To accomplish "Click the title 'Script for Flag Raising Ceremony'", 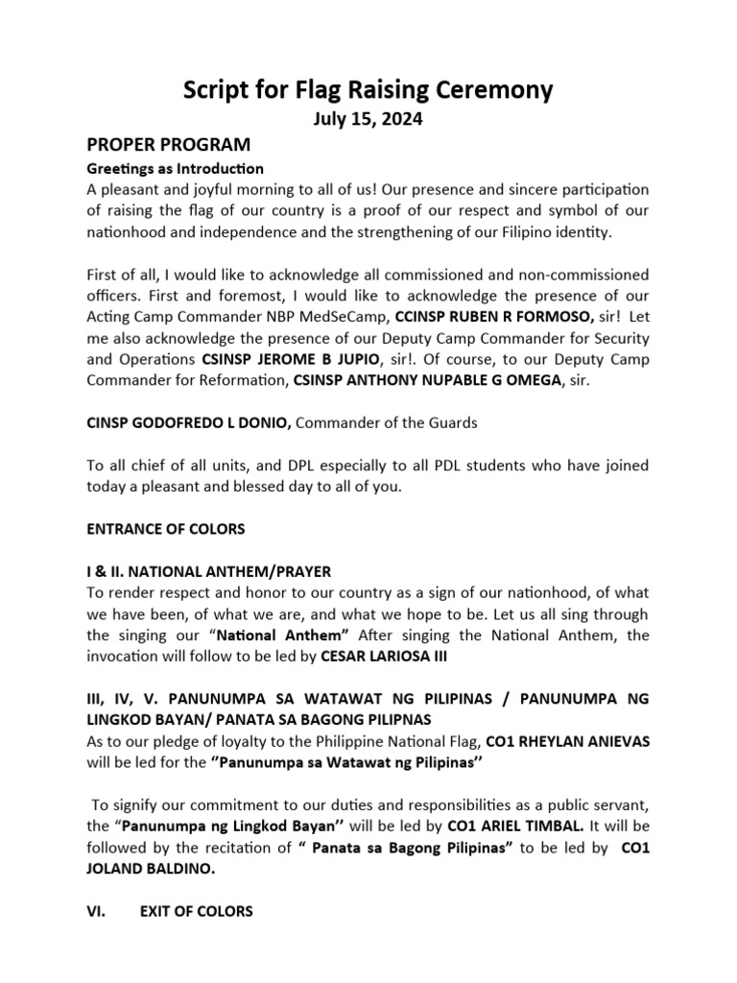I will pos(368,90).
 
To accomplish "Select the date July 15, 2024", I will pos(368,120).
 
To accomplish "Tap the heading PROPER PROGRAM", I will pos(168,145).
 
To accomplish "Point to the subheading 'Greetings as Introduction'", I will pos(175,168).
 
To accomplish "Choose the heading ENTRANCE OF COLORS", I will pos(166,529).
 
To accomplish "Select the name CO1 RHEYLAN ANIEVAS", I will pos(567,742).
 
